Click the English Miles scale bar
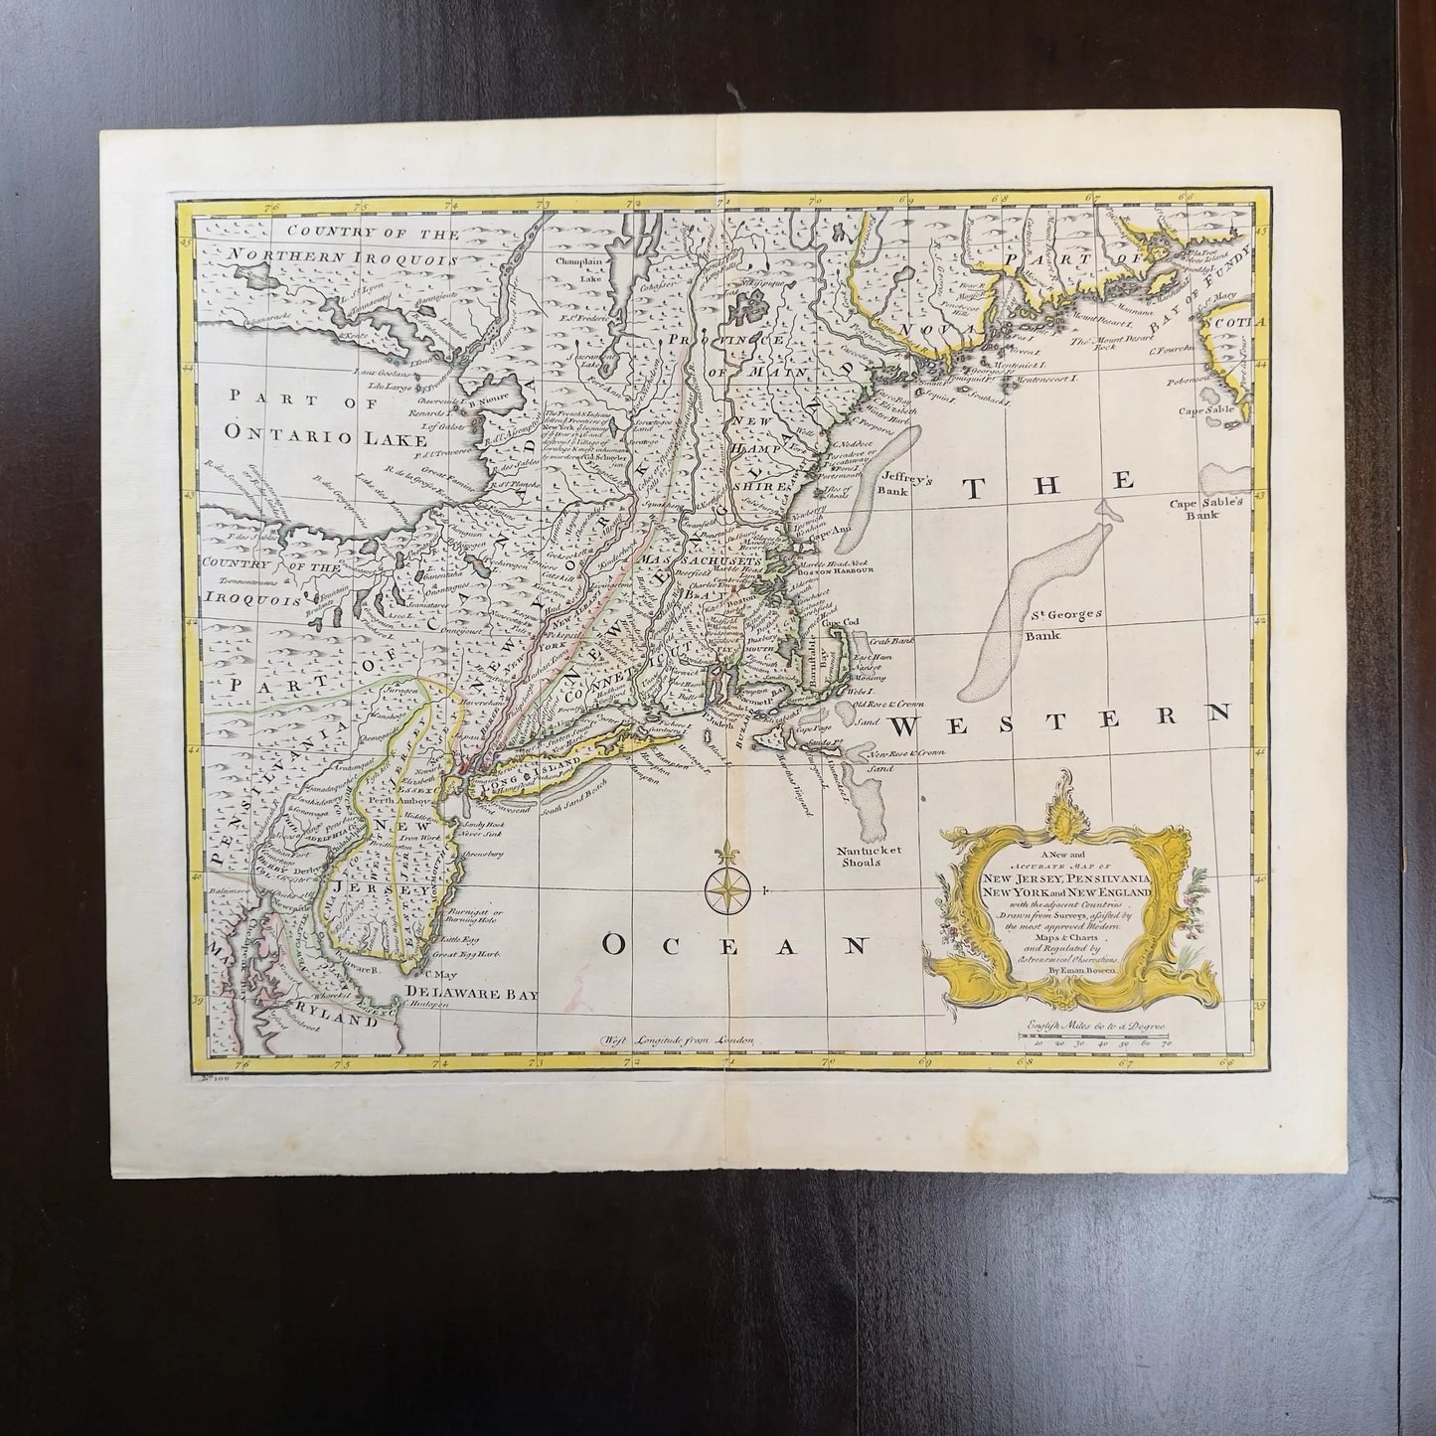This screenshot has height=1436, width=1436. pos(1093,1036)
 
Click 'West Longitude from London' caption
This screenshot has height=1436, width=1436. pos(679,1038)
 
